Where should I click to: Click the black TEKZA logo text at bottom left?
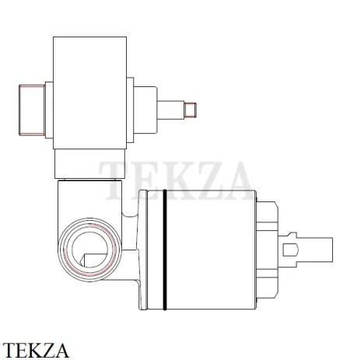point(36,350)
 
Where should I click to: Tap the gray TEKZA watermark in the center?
point(176,180)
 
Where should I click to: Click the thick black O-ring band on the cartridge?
point(165,250)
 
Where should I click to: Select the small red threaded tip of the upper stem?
point(191,110)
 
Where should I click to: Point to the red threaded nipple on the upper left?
point(32,110)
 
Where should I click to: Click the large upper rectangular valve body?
point(89,93)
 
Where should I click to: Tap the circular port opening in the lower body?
point(89,250)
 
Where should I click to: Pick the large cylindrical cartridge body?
point(202,250)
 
